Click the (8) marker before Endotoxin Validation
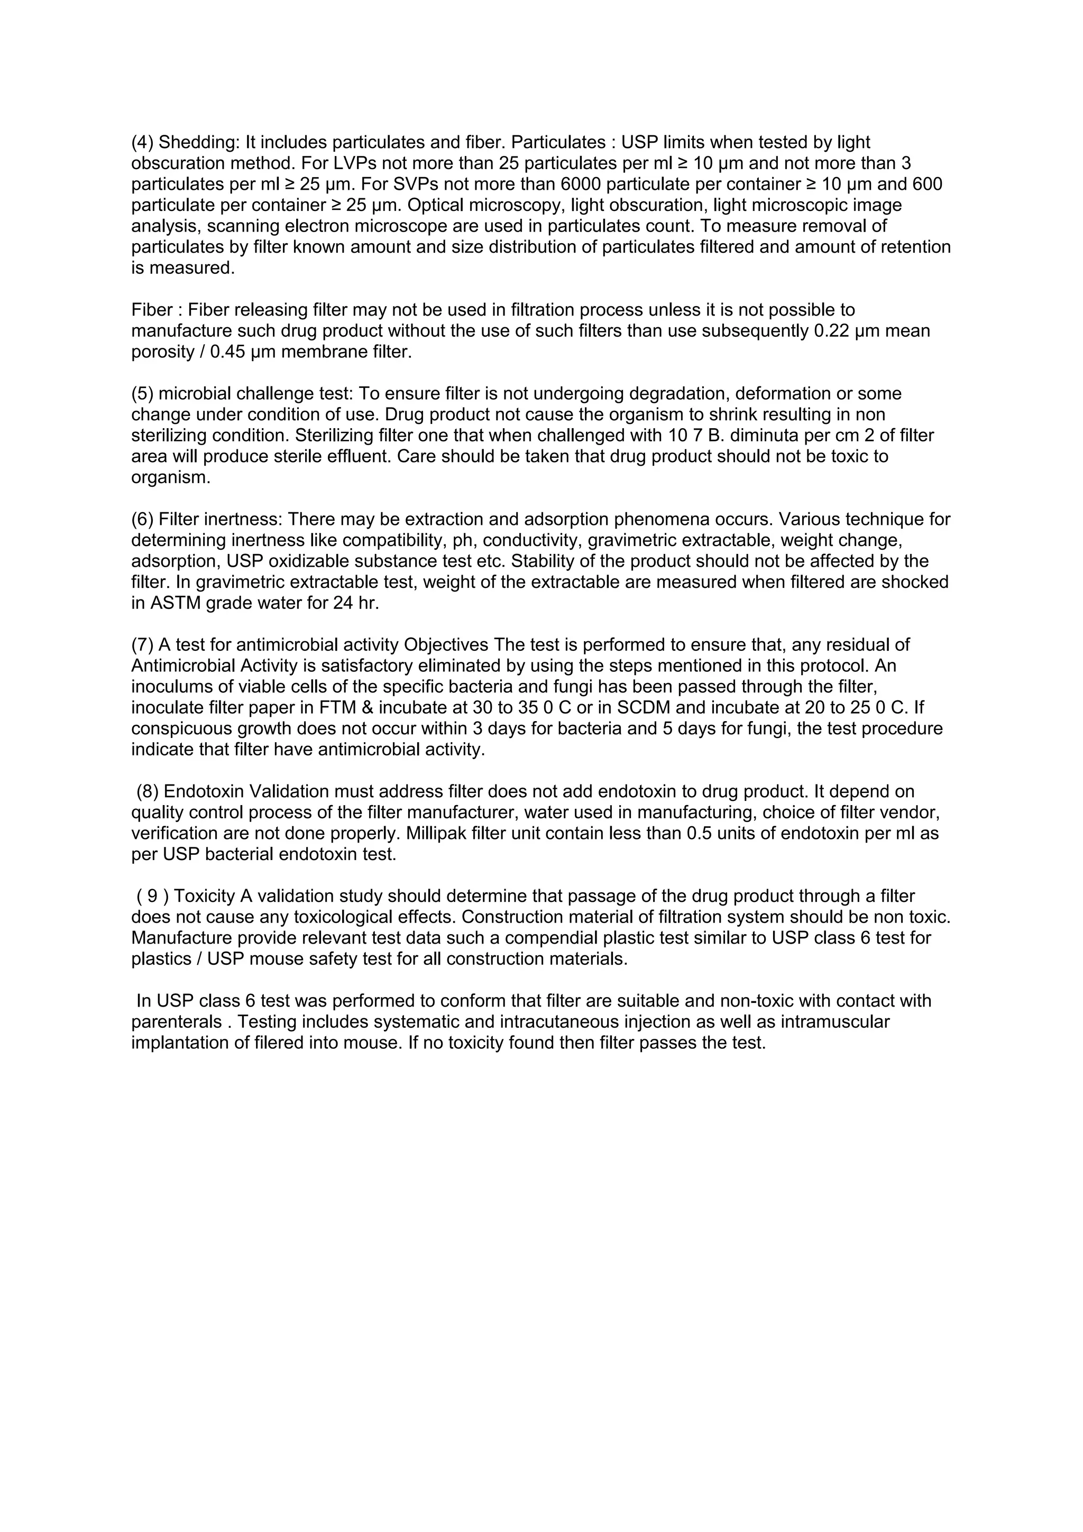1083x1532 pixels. coord(148,792)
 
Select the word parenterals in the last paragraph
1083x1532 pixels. coord(176,1021)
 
